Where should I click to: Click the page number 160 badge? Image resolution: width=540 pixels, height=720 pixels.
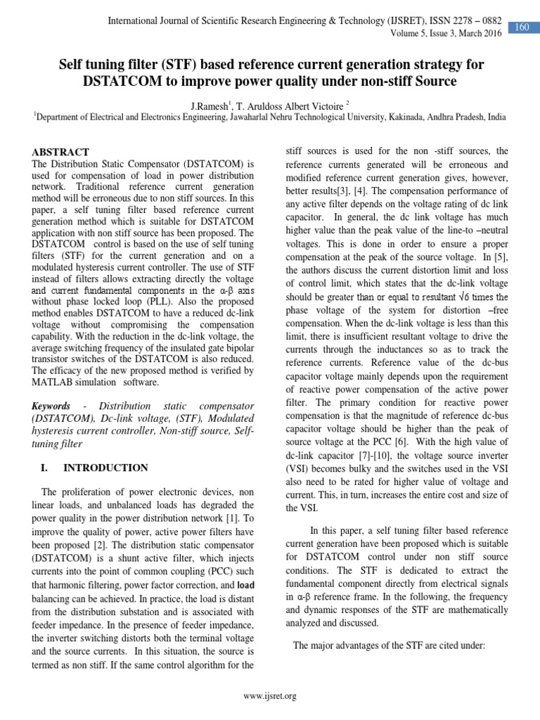[522, 27]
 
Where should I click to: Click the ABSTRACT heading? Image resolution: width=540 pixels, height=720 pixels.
[62, 152]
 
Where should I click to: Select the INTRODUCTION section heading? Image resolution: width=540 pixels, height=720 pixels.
[105, 468]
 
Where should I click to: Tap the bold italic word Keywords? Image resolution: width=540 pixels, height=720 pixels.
[51, 406]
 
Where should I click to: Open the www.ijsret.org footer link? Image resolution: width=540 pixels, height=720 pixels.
[269, 696]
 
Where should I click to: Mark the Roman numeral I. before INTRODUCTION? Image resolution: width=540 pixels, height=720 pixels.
[39, 468]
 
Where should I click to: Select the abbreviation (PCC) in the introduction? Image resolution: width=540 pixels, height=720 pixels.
[193, 571]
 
